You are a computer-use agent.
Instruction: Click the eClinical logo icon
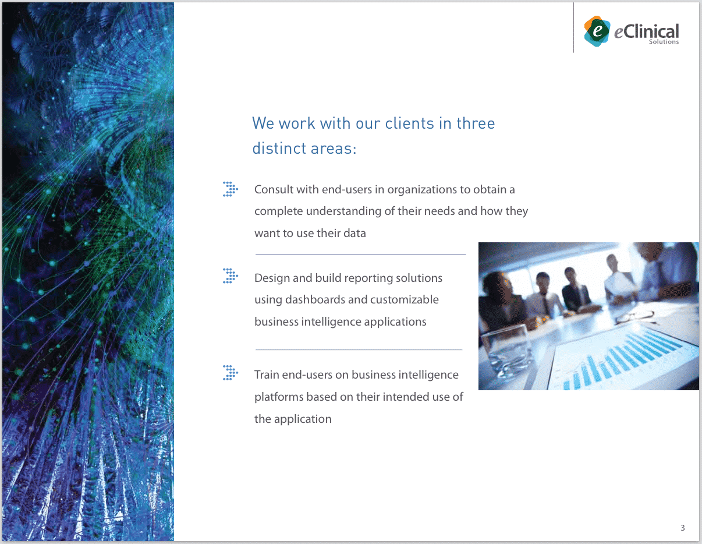(597, 31)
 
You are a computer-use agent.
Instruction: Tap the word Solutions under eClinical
(664, 42)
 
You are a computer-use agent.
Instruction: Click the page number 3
(683, 528)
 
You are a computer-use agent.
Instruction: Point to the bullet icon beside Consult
(230, 189)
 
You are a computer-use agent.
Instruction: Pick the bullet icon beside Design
(230, 276)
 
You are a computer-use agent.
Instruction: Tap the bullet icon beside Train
(230, 373)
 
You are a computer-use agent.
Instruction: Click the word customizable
(405, 300)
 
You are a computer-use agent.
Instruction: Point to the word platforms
(278, 397)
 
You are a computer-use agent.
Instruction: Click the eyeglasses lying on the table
(634, 317)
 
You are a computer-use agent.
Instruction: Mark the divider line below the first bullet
(360, 255)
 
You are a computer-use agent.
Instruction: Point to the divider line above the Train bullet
(359, 349)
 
